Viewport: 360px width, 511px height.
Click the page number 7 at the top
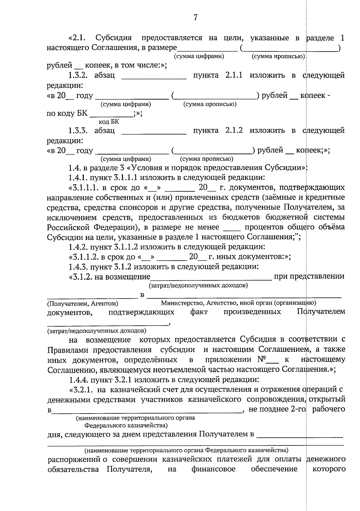coord(195,18)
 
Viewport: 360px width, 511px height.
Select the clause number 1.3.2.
coord(78,75)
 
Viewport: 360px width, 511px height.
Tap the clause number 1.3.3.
coord(78,130)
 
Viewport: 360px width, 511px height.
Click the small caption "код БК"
coord(109,122)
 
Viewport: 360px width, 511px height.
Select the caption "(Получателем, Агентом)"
coord(82,303)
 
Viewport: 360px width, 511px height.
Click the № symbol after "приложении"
coord(263,359)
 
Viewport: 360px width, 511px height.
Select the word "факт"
coord(199,312)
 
